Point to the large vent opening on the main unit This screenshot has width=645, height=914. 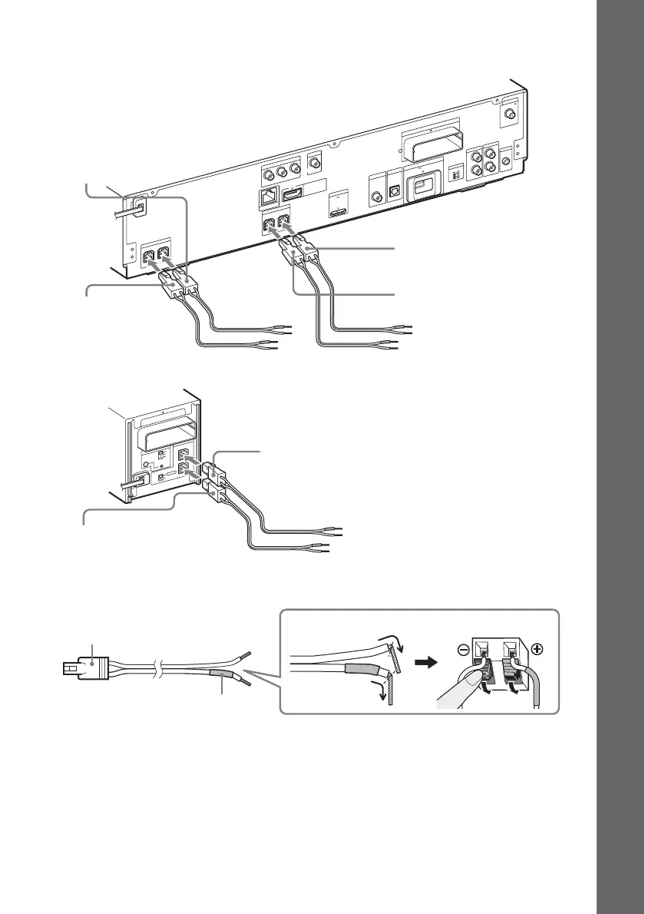435,143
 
